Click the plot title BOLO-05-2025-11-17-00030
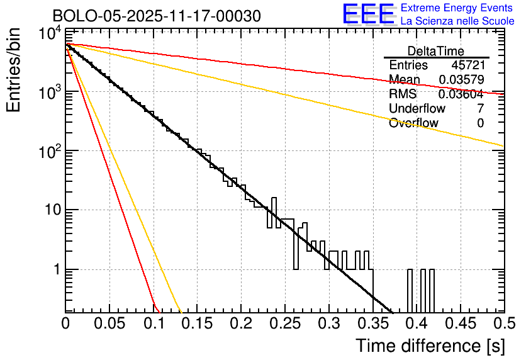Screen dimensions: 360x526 157,16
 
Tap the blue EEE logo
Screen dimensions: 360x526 368,14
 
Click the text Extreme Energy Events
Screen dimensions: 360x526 457,8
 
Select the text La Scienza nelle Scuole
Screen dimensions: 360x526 457,21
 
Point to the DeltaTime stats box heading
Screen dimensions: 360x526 436,51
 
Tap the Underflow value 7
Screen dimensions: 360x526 480,108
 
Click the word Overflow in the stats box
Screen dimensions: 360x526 413,123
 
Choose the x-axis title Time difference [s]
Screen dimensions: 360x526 430,345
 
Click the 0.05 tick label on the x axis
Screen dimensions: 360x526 109,323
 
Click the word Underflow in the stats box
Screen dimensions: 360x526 417,108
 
